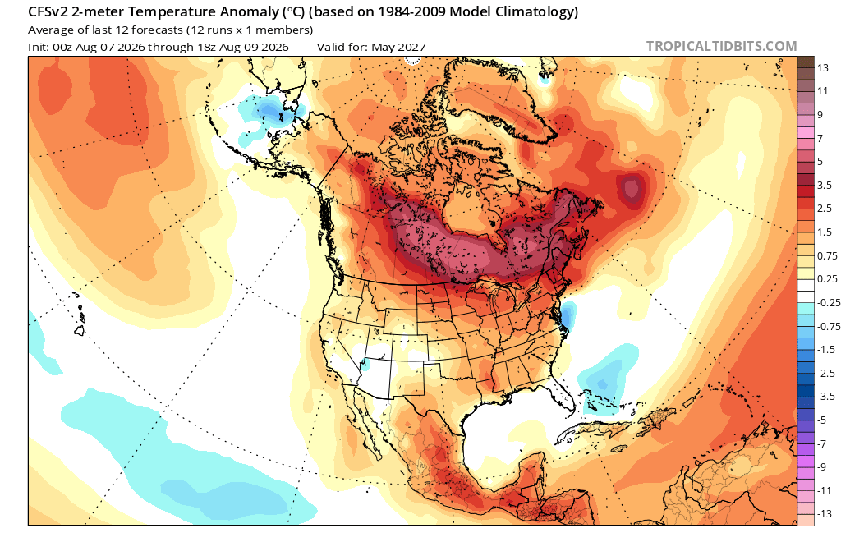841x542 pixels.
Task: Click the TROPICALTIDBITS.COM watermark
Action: (x=721, y=46)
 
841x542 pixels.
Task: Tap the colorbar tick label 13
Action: (x=823, y=67)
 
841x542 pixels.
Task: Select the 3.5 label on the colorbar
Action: (x=825, y=185)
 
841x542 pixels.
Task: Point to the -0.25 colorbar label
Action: (x=828, y=302)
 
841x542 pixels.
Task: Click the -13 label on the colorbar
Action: (x=825, y=513)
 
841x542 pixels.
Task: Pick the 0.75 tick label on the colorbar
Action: (x=826, y=255)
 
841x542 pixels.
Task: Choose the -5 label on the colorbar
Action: (x=821, y=420)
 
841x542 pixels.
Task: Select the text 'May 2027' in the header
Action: (x=398, y=47)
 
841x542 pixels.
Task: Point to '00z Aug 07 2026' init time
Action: (x=99, y=47)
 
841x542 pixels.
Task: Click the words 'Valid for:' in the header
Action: (x=342, y=47)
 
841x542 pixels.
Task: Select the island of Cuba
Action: (x=595, y=429)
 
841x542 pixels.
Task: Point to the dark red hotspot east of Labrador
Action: (x=631, y=188)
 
